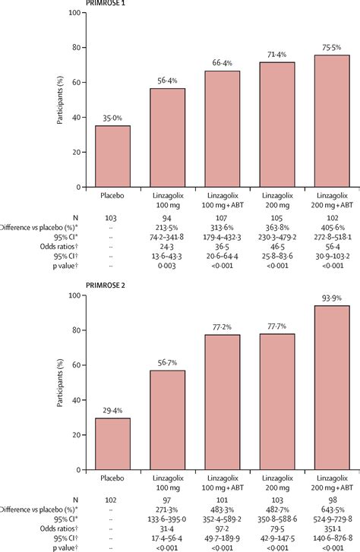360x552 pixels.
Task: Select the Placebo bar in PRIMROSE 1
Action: click(112, 156)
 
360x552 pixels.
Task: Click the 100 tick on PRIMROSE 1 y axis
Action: click(75, 14)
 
